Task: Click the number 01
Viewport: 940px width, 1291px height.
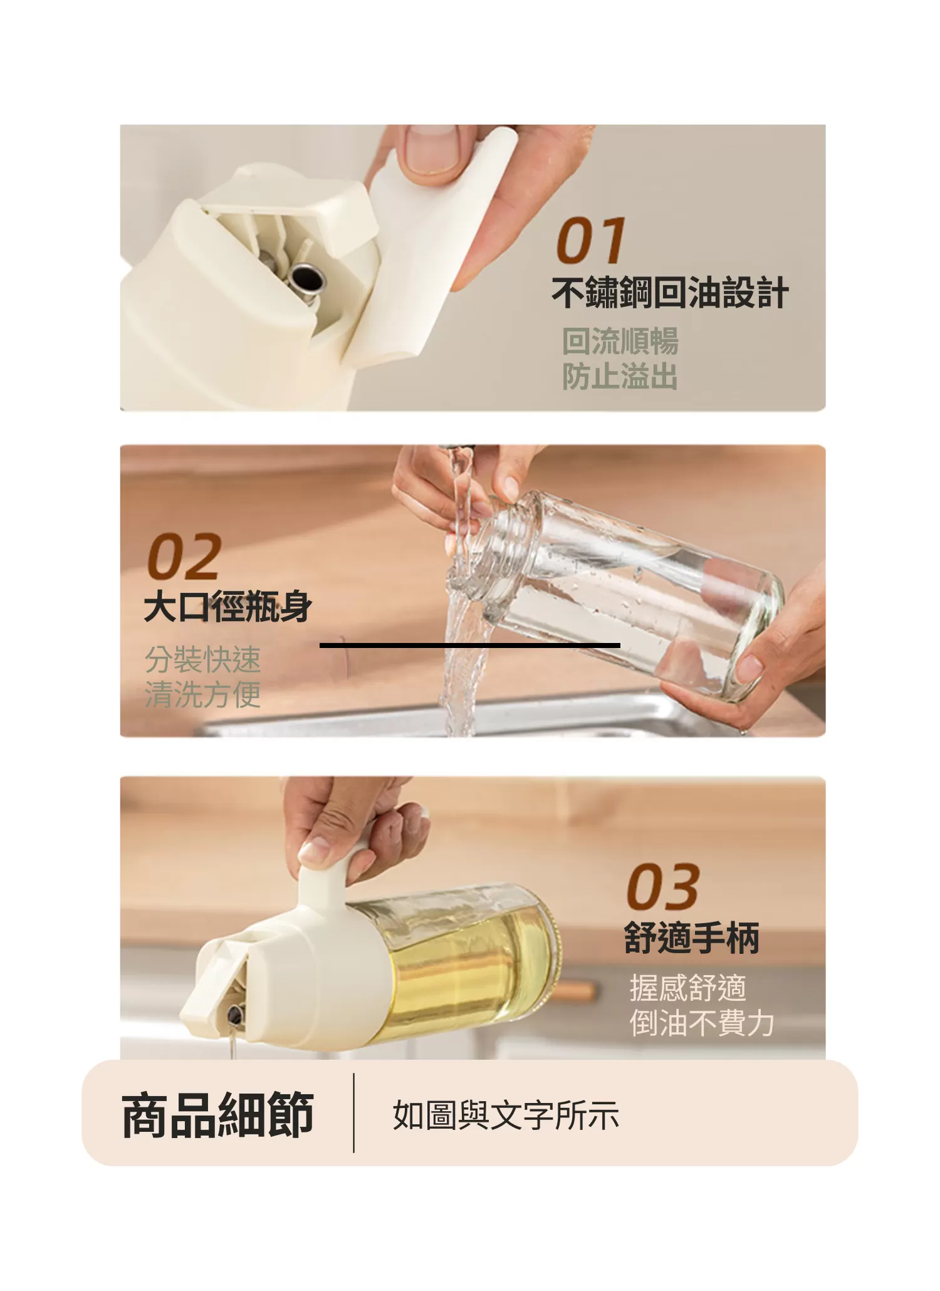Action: click(590, 241)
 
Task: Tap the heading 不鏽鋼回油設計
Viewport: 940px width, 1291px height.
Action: click(669, 293)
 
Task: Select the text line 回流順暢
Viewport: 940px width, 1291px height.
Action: click(620, 342)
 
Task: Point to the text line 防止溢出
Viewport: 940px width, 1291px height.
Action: click(620, 377)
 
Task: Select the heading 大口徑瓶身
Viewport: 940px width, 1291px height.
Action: click(227, 607)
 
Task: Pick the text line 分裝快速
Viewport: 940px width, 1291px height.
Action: click(202, 659)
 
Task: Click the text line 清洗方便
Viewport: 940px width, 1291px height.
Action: click(202, 694)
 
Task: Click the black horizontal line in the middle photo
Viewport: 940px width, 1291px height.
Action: click(469, 645)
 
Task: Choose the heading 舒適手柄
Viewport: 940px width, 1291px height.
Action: click(691, 938)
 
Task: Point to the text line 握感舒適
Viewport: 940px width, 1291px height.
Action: click(687, 988)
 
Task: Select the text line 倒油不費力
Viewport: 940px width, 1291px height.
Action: click(701, 1023)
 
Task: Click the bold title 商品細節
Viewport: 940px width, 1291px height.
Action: click(217, 1114)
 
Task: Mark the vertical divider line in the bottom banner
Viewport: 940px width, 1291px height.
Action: click(354, 1113)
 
